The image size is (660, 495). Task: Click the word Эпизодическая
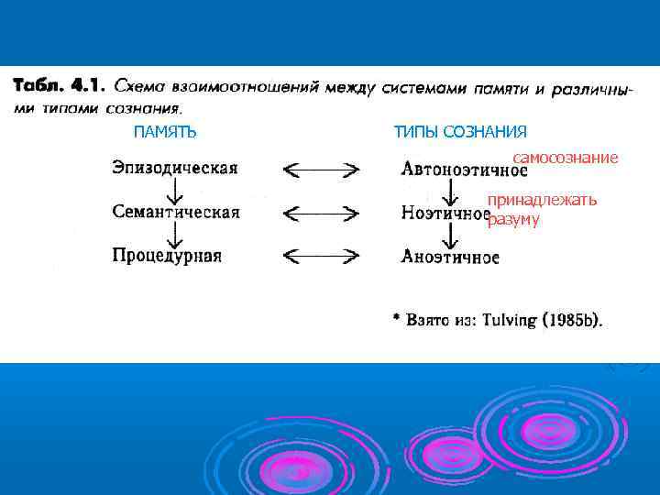(174, 168)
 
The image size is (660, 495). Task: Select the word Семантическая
(175, 212)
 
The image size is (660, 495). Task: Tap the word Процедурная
(167, 256)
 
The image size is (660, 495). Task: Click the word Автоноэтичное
(464, 170)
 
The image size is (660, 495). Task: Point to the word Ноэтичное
(445, 213)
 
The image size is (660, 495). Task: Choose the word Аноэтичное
(450, 257)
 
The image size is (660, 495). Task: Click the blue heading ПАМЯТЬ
(165, 133)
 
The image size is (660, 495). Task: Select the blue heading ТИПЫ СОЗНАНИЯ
(460, 133)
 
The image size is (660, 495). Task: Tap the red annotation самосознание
(566, 158)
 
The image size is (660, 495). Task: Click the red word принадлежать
(542, 200)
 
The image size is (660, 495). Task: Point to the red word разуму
(513, 219)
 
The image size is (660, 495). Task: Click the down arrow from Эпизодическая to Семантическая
(170, 190)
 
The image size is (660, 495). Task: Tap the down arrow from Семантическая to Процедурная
(170, 234)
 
